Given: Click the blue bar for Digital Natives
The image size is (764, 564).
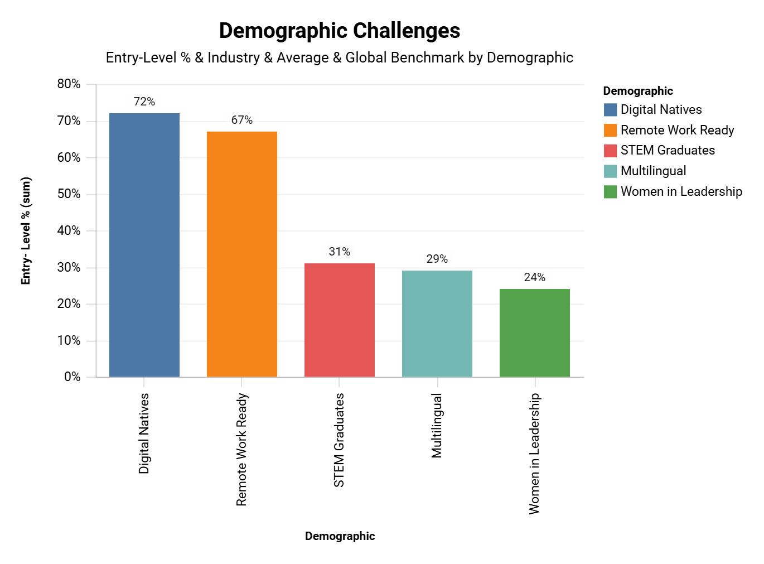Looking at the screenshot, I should pos(144,245).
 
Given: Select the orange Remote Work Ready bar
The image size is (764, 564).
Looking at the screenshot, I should pos(242,254).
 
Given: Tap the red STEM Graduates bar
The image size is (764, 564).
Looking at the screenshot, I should pos(340,320).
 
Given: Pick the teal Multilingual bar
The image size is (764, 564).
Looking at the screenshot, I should pos(437,324).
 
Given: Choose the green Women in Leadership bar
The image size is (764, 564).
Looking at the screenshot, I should pos(535,333).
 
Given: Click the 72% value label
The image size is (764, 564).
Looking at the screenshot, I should pos(144,102).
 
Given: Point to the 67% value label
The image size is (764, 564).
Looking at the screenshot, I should pos(242,120).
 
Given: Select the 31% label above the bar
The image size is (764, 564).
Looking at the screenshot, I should pos(340,252).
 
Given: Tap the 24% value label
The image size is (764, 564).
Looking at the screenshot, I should pos(535,277).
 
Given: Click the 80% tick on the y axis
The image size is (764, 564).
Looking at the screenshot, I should pos(69,84).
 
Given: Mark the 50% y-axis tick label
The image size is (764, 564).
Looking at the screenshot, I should pos(69,194).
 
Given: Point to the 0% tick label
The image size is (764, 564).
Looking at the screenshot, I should pos(72,377).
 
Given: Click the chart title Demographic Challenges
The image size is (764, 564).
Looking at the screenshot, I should pos(340,31).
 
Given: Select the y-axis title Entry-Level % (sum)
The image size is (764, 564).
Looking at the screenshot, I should pos(26,231).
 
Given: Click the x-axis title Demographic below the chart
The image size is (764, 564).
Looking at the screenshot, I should pos(340,536).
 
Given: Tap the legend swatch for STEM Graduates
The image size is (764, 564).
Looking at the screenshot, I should pos(610,151).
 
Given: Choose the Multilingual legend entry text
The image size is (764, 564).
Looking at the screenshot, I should pos(653,171).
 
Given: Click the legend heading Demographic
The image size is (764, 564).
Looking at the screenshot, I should pos(638,91).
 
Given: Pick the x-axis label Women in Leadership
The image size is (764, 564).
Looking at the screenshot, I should pos(535,453).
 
